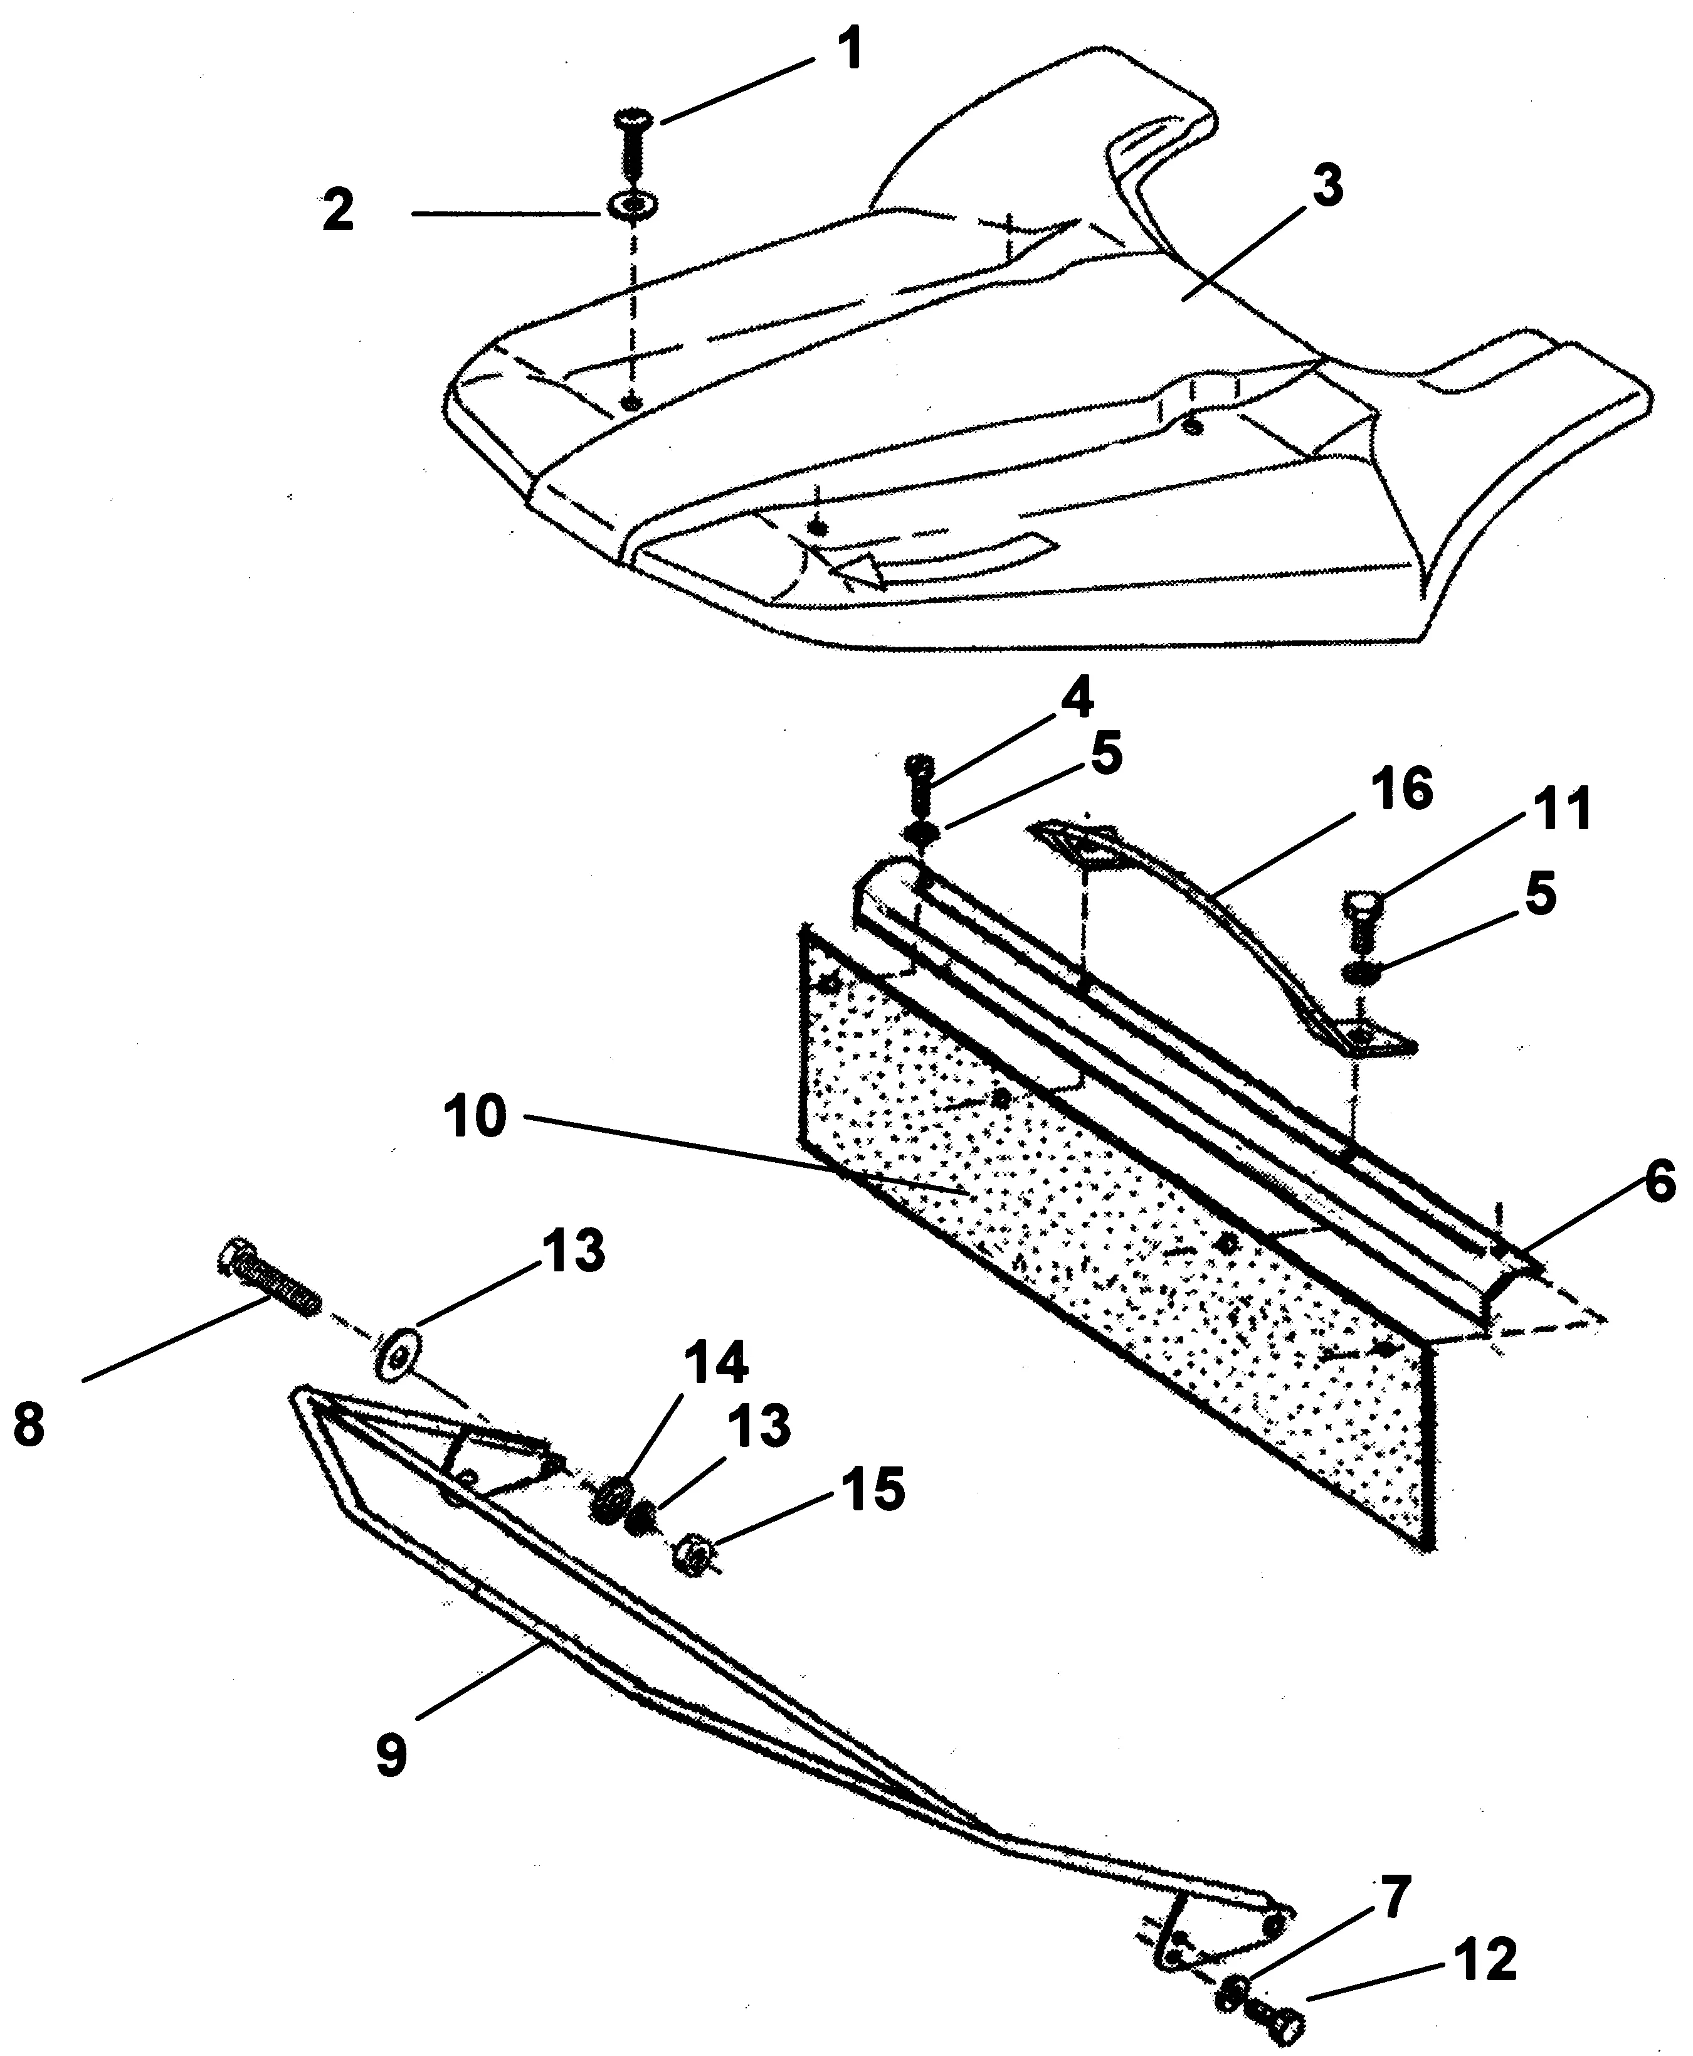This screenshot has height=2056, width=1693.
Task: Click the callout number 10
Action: pyautogui.click(x=476, y=1118)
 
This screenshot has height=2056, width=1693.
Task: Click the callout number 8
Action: pyautogui.click(x=29, y=1425)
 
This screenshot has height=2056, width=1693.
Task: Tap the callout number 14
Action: pyautogui.click(x=716, y=1362)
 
